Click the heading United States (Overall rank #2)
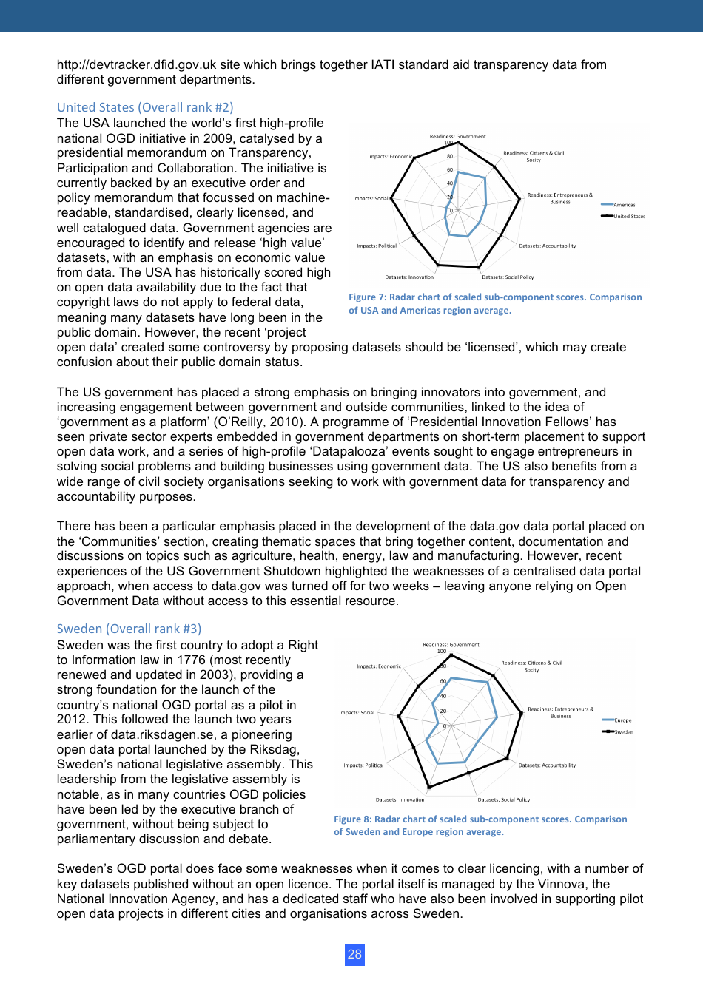click(145, 107)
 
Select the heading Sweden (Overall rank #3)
click(129, 629)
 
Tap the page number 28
click(354, 954)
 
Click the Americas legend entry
click(624, 205)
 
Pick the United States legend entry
click(629, 217)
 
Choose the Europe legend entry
click(622, 720)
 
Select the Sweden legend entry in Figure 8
click(623, 732)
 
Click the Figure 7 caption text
click(495, 303)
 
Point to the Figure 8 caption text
click(480, 825)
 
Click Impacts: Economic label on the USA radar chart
click(390, 157)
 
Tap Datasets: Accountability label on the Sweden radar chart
click(547, 765)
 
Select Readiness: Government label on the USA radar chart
click(457, 137)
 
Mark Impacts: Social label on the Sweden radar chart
click(357, 713)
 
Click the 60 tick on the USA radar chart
click(450, 170)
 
